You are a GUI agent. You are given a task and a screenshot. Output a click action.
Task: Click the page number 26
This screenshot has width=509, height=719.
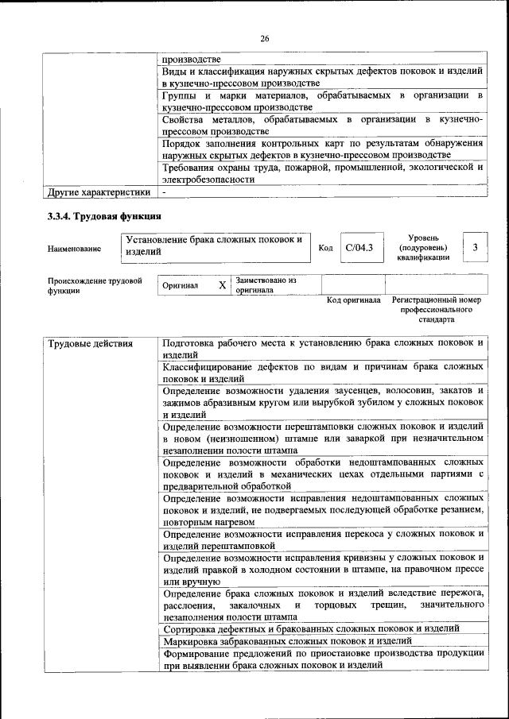[x=265, y=37]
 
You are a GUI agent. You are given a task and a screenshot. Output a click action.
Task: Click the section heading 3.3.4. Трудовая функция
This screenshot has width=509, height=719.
[x=104, y=215]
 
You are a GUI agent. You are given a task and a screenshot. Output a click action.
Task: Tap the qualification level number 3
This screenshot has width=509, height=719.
[x=475, y=248]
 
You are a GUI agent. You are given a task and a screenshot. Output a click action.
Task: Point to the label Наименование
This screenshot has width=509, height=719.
[x=74, y=249]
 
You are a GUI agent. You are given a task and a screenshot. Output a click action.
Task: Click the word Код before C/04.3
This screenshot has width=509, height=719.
[x=325, y=249]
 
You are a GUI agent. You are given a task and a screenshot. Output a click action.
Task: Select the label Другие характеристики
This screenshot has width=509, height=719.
[x=99, y=192]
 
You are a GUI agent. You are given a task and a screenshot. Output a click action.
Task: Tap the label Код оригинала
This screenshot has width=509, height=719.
[x=354, y=301]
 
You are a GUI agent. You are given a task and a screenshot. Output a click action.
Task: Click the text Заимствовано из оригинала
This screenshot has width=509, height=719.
[x=266, y=285]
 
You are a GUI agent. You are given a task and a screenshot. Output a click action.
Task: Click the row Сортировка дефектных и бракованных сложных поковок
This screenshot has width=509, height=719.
[x=310, y=628]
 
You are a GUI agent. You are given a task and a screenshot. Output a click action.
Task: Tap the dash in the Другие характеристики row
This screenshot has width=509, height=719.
[x=164, y=192]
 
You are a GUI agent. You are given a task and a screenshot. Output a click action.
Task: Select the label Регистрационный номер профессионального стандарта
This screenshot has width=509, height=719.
[x=437, y=310]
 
